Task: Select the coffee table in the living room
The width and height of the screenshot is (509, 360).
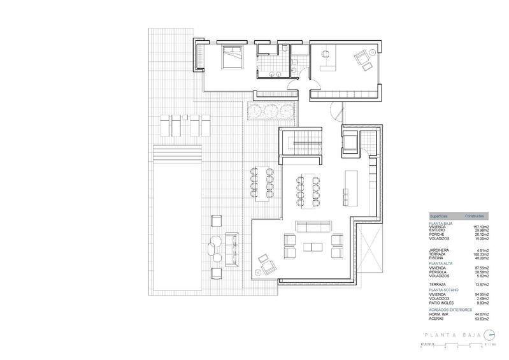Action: pos(312,247)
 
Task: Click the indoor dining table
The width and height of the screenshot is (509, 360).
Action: pos(308,187)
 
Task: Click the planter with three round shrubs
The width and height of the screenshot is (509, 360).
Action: pos(271,111)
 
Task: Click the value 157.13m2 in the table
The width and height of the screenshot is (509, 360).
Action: pos(480,226)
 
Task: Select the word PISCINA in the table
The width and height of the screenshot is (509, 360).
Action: pos(438,257)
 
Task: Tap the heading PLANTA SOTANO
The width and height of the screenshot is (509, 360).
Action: pos(444,289)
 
